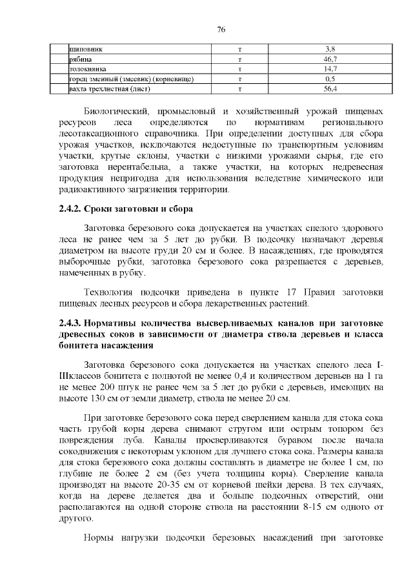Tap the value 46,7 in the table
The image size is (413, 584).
click(330, 59)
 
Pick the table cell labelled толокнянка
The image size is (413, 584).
click(88, 68)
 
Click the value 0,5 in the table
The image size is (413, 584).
click(330, 78)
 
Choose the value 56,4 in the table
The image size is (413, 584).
click(330, 88)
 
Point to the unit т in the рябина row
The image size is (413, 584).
click(239, 59)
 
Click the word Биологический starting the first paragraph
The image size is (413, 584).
click(119, 111)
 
